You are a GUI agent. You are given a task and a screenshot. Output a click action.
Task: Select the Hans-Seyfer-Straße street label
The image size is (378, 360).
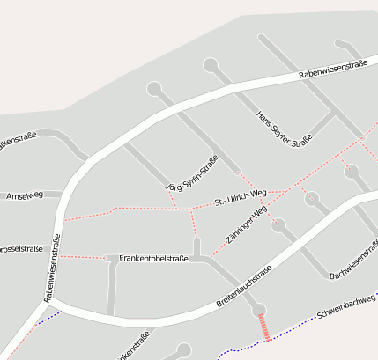(284, 129)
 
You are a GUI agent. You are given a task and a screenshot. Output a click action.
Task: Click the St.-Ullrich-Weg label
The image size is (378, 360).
(241, 197)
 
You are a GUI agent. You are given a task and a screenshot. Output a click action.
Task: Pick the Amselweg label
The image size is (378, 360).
(23, 195)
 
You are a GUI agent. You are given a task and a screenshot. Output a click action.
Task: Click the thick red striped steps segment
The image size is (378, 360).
(263, 327)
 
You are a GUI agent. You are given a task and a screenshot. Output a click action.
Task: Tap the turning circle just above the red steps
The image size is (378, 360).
(257, 310)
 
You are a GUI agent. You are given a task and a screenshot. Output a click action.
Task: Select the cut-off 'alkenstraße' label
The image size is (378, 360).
(18, 140)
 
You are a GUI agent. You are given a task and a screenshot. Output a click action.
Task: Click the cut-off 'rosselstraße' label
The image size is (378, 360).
(18, 247)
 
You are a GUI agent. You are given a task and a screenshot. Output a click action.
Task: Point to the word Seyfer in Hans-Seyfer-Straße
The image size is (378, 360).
(284, 129)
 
